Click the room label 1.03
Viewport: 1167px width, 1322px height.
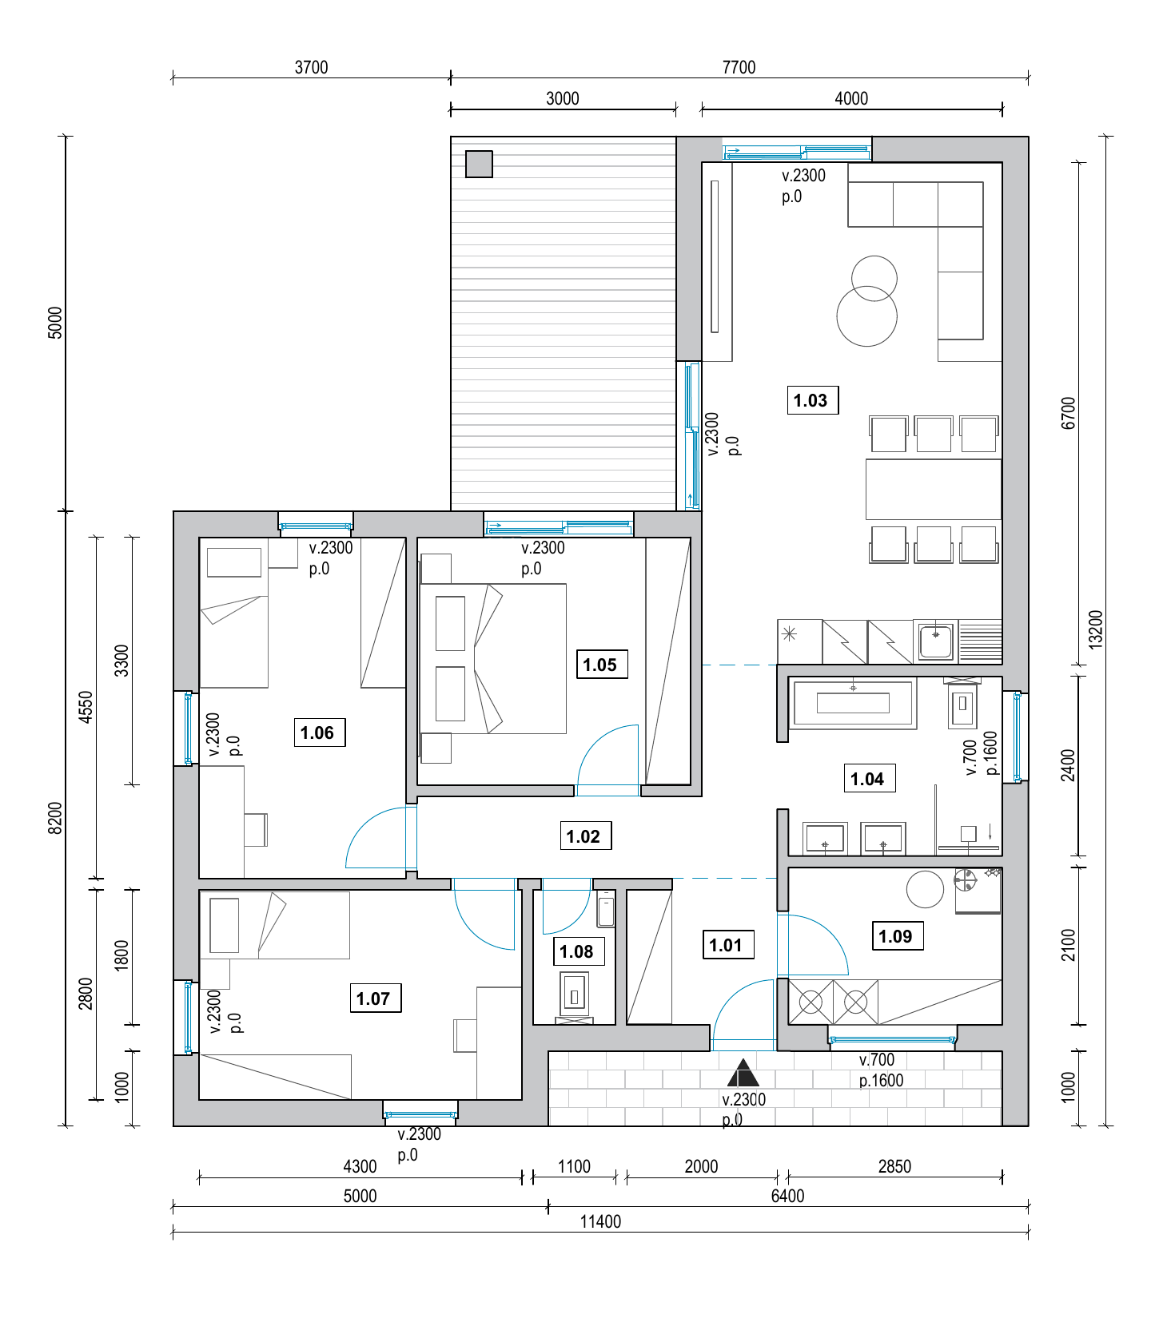811,400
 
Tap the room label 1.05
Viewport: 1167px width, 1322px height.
601,665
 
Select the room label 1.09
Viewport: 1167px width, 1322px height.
896,936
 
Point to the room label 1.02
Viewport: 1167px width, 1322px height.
584,836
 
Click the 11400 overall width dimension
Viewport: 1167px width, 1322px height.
600,1221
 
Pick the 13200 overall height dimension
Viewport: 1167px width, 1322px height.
1095,629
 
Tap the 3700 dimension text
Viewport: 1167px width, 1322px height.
312,67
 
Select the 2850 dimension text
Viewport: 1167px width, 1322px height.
894,1166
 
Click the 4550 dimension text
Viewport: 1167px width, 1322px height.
86,707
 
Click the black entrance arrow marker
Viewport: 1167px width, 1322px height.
743,1073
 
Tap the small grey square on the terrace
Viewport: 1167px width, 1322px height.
479,165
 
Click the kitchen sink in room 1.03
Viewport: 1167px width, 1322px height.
935,641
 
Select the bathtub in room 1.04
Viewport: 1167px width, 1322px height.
853,703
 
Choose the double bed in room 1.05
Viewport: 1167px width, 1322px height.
493,659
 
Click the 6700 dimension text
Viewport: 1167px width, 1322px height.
1069,413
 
